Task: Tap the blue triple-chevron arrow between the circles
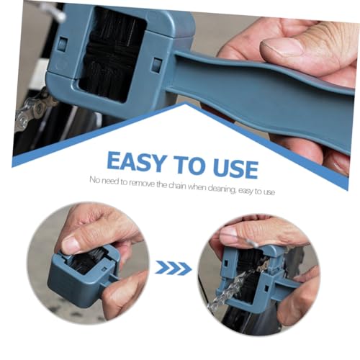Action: click(x=174, y=269)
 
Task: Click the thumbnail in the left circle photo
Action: click(x=71, y=245)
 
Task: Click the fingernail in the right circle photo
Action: click(x=229, y=232)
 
